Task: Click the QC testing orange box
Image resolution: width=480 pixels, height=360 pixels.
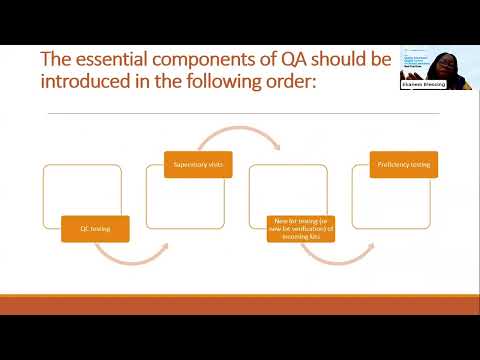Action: point(95,229)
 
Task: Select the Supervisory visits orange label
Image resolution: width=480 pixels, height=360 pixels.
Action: point(198,164)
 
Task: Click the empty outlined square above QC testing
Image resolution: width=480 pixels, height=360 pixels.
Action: point(81,190)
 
